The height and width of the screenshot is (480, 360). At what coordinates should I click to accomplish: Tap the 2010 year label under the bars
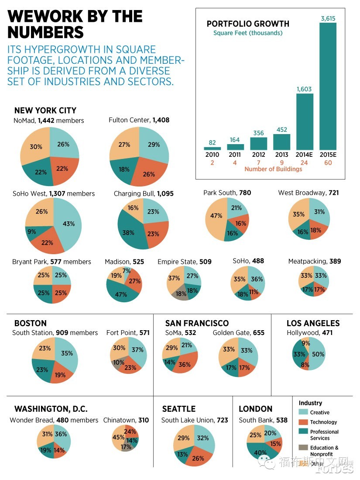[x=212, y=155]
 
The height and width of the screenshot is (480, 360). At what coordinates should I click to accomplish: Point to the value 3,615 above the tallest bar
[x=328, y=18]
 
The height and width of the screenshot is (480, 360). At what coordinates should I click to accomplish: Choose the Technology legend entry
[x=323, y=422]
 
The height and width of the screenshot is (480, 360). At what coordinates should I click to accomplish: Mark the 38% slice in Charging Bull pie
[x=129, y=233]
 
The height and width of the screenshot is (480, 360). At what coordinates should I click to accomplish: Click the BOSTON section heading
[x=30, y=323]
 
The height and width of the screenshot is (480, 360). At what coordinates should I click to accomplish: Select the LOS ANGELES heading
[x=313, y=323]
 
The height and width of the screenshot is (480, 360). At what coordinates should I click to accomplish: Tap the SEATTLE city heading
[x=178, y=409]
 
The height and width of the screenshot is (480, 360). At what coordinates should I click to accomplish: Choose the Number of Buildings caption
[x=273, y=169]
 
